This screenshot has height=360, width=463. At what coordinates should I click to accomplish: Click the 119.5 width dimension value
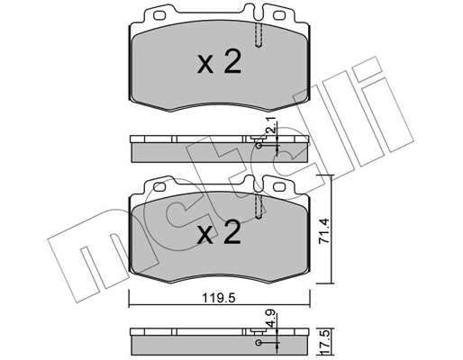219,299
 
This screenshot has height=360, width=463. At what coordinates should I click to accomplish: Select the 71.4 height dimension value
324,230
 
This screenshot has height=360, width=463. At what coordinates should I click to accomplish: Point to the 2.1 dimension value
271,126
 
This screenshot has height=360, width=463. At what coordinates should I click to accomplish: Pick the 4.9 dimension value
271,319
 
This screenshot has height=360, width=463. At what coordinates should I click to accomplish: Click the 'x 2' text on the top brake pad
220,62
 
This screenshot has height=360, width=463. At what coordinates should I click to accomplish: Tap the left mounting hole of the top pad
159,15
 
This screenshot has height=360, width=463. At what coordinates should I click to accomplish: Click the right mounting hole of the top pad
279,15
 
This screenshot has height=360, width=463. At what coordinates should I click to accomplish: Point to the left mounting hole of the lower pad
159,186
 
